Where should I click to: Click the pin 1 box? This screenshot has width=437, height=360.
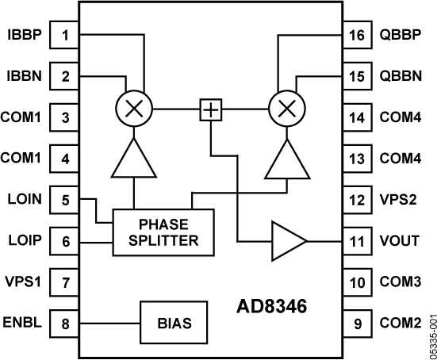point(65,35)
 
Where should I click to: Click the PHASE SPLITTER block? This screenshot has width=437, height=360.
point(163,232)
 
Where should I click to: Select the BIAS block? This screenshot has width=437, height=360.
point(174,323)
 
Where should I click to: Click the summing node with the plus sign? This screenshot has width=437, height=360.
point(209,109)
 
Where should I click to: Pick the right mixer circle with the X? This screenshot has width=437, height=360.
point(285,109)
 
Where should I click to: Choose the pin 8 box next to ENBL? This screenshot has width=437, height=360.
point(65,323)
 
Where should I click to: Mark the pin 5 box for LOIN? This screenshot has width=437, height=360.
point(65,200)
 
